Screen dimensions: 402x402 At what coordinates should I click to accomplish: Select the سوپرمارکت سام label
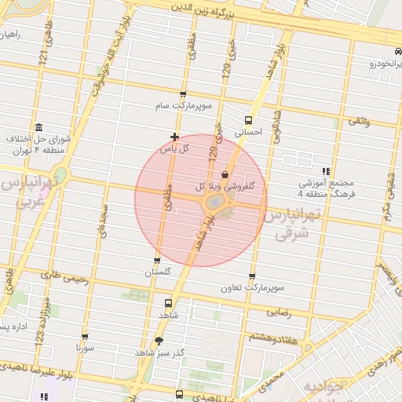pyautogui.click(x=182, y=104)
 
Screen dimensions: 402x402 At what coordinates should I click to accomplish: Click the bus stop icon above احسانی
pyautogui.click(x=249, y=120)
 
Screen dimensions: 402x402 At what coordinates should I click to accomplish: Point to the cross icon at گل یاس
pyautogui.click(x=174, y=137)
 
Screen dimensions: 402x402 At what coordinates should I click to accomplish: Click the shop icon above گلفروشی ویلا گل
pyautogui.click(x=226, y=174)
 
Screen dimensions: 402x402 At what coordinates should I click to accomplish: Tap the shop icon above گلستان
pyautogui.click(x=157, y=261)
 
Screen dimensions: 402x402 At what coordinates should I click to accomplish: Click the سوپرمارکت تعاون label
pyautogui.click(x=252, y=288)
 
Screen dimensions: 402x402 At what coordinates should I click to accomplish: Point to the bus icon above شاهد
pyautogui.click(x=168, y=302)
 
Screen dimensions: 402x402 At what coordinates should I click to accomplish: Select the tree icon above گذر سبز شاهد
pyautogui.click(x=159, y=341)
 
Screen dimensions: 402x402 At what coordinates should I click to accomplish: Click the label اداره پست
pyautogui.click(x=14, y=326)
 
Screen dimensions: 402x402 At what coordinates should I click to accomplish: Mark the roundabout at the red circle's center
pyautogui.click(x=214, y=202)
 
